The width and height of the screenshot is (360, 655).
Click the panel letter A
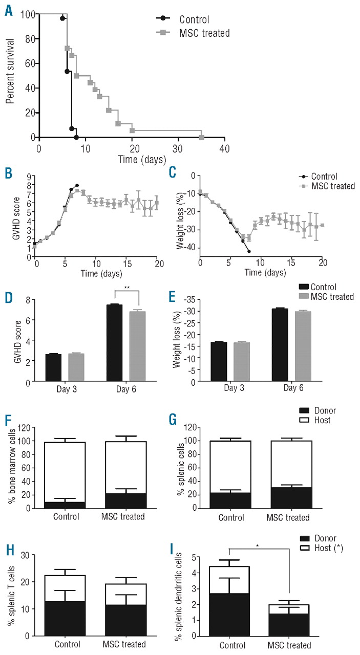pyautogui.click(x=9, y=10)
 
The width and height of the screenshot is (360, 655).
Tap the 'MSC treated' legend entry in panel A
pyautogui.click(x=204, y=33)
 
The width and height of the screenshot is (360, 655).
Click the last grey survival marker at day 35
pyautogui.click(x=202, y=137)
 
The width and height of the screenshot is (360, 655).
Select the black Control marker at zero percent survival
pyautogui.click(x=76, y=137)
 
